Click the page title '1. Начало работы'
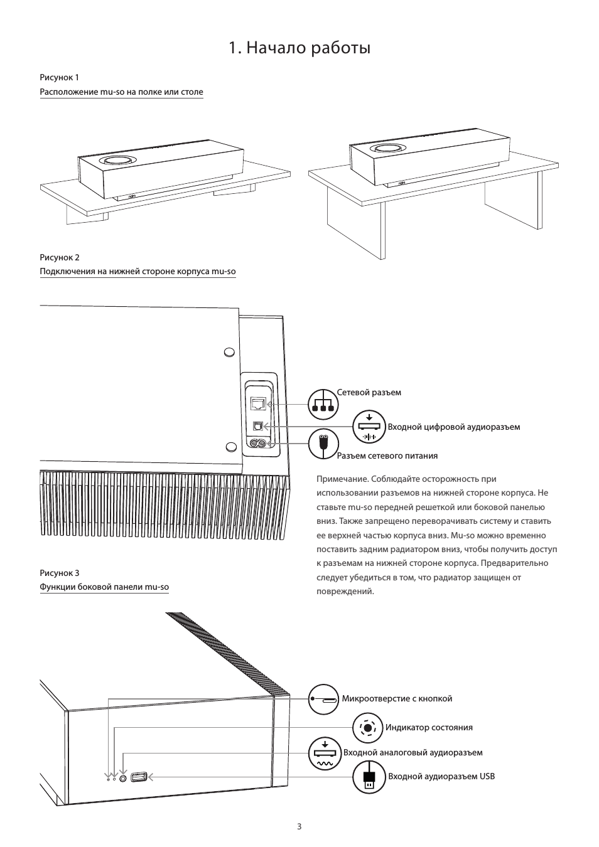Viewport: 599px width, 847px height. [x=299, y=48]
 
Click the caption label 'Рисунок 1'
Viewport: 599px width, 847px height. [x=60, y=78]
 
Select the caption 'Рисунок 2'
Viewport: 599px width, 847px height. [x=60, y=258]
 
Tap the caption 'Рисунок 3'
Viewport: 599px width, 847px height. [x=60, y=573]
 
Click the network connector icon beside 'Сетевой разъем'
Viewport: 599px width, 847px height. [x=323, y=403]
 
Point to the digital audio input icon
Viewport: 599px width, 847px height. [x=369, y=427]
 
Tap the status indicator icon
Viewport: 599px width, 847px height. [x=368, y=728]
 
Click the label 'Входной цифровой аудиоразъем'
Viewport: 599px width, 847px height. [x=453, y=427]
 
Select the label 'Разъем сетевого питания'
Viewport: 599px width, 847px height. [x=387, y=456]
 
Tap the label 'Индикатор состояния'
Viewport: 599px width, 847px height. [x=429, y=728]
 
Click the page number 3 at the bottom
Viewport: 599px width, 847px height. [x=299, y=826]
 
